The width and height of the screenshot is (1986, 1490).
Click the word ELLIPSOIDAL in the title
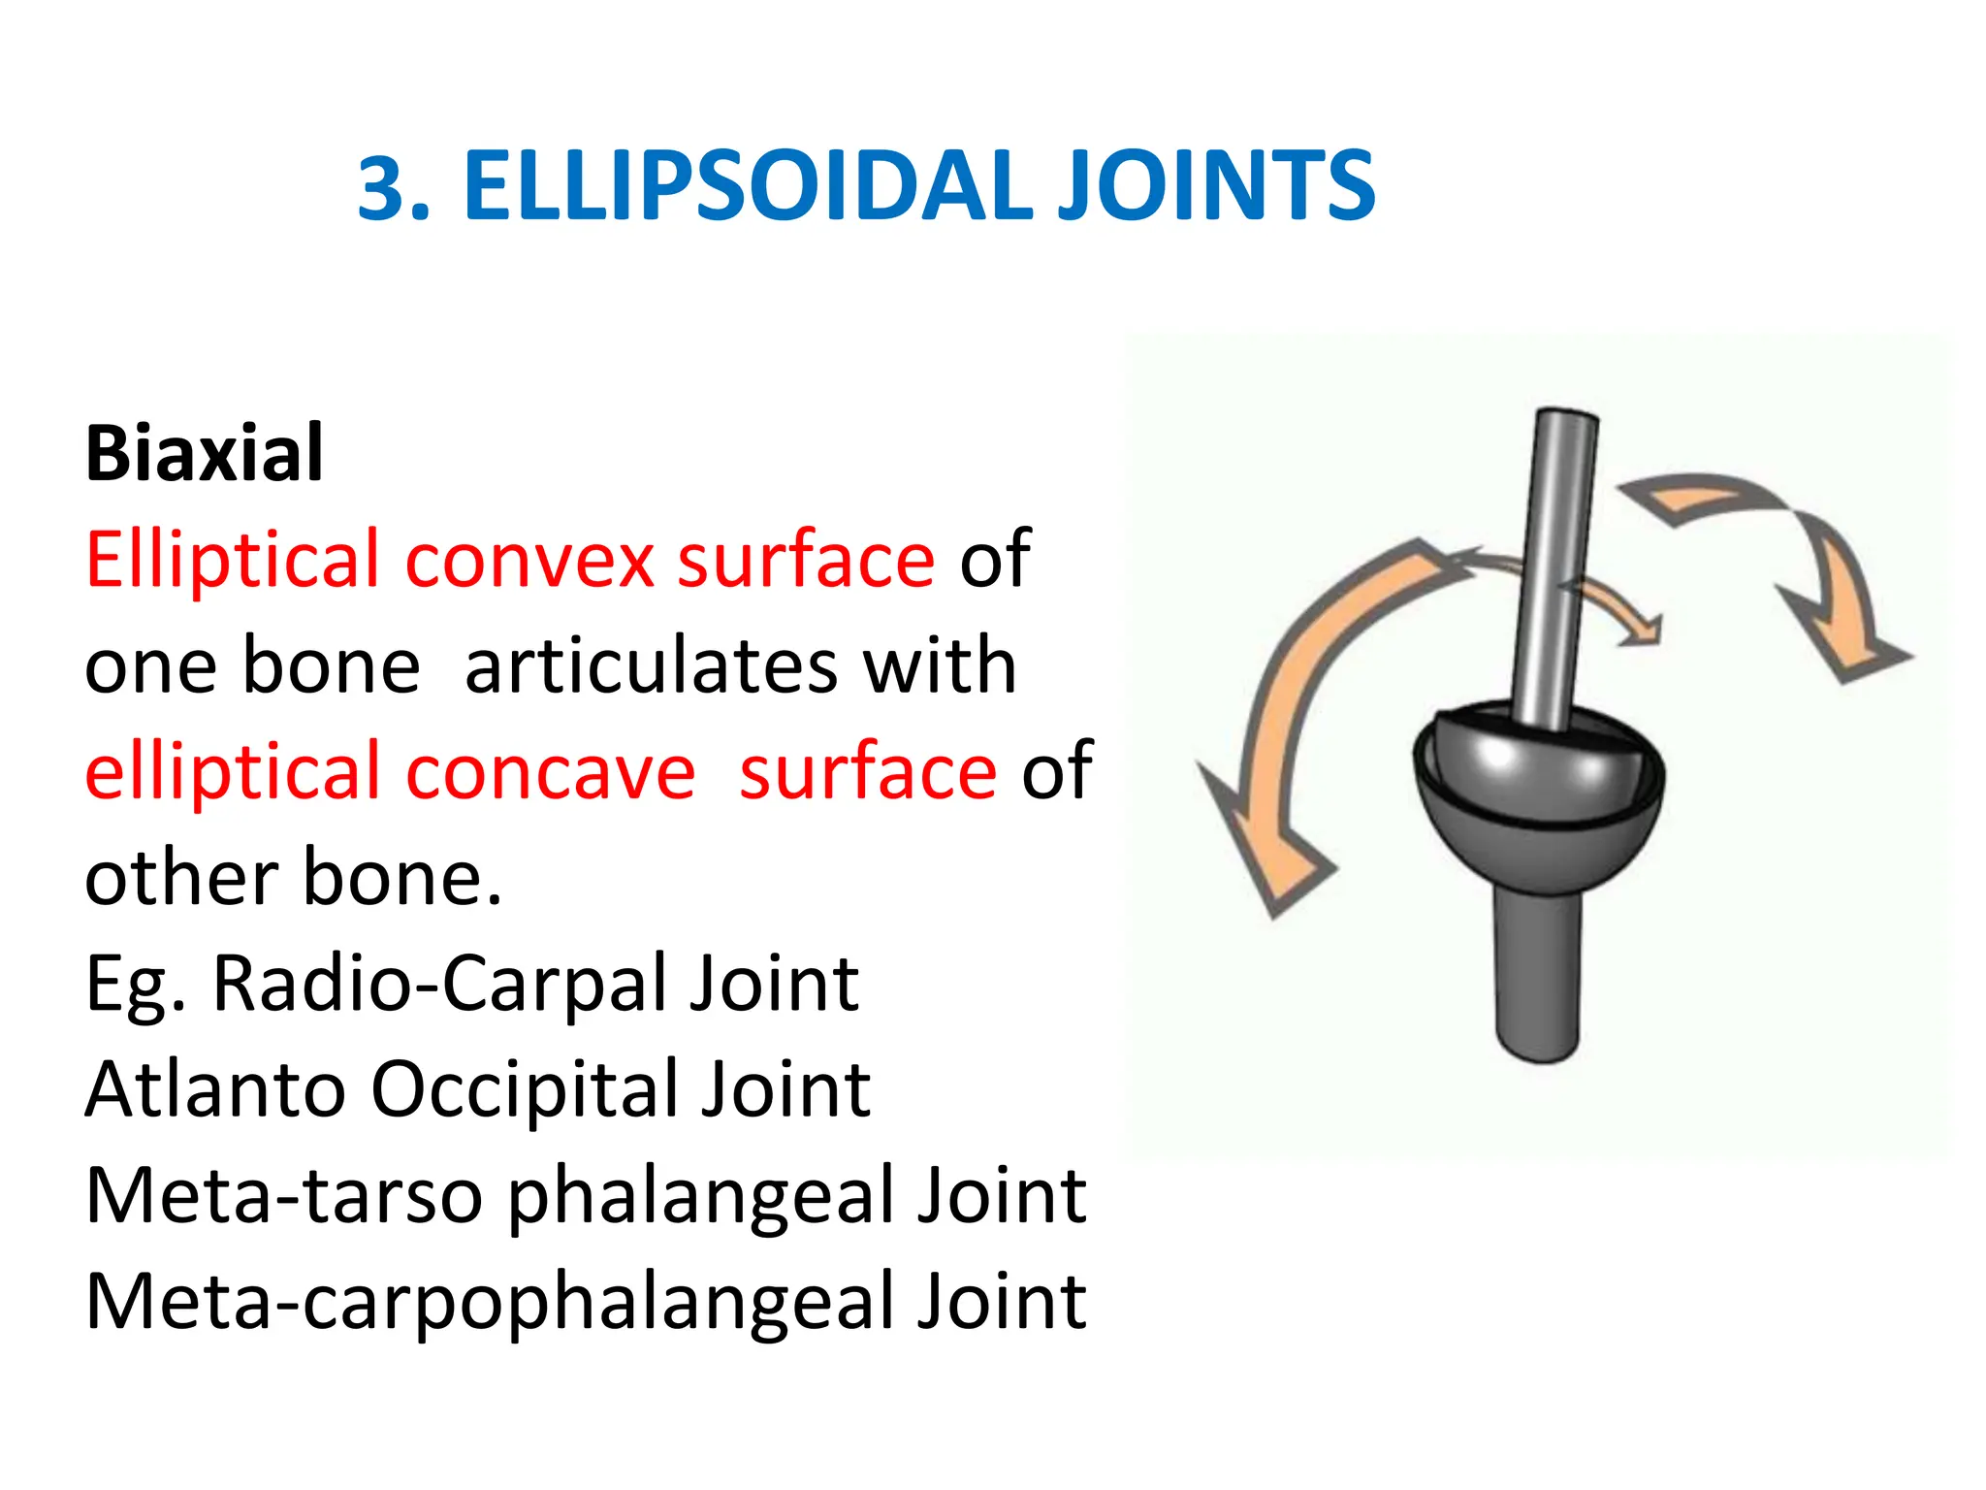(748, 185)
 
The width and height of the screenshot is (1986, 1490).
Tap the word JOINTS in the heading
(1215, 185)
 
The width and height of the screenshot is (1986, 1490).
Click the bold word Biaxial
(204, 453)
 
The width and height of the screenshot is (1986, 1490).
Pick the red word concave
(550, 771)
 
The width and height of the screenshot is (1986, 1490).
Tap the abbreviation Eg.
(135, 986)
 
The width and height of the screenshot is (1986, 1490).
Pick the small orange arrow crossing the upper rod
(1610, 601)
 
